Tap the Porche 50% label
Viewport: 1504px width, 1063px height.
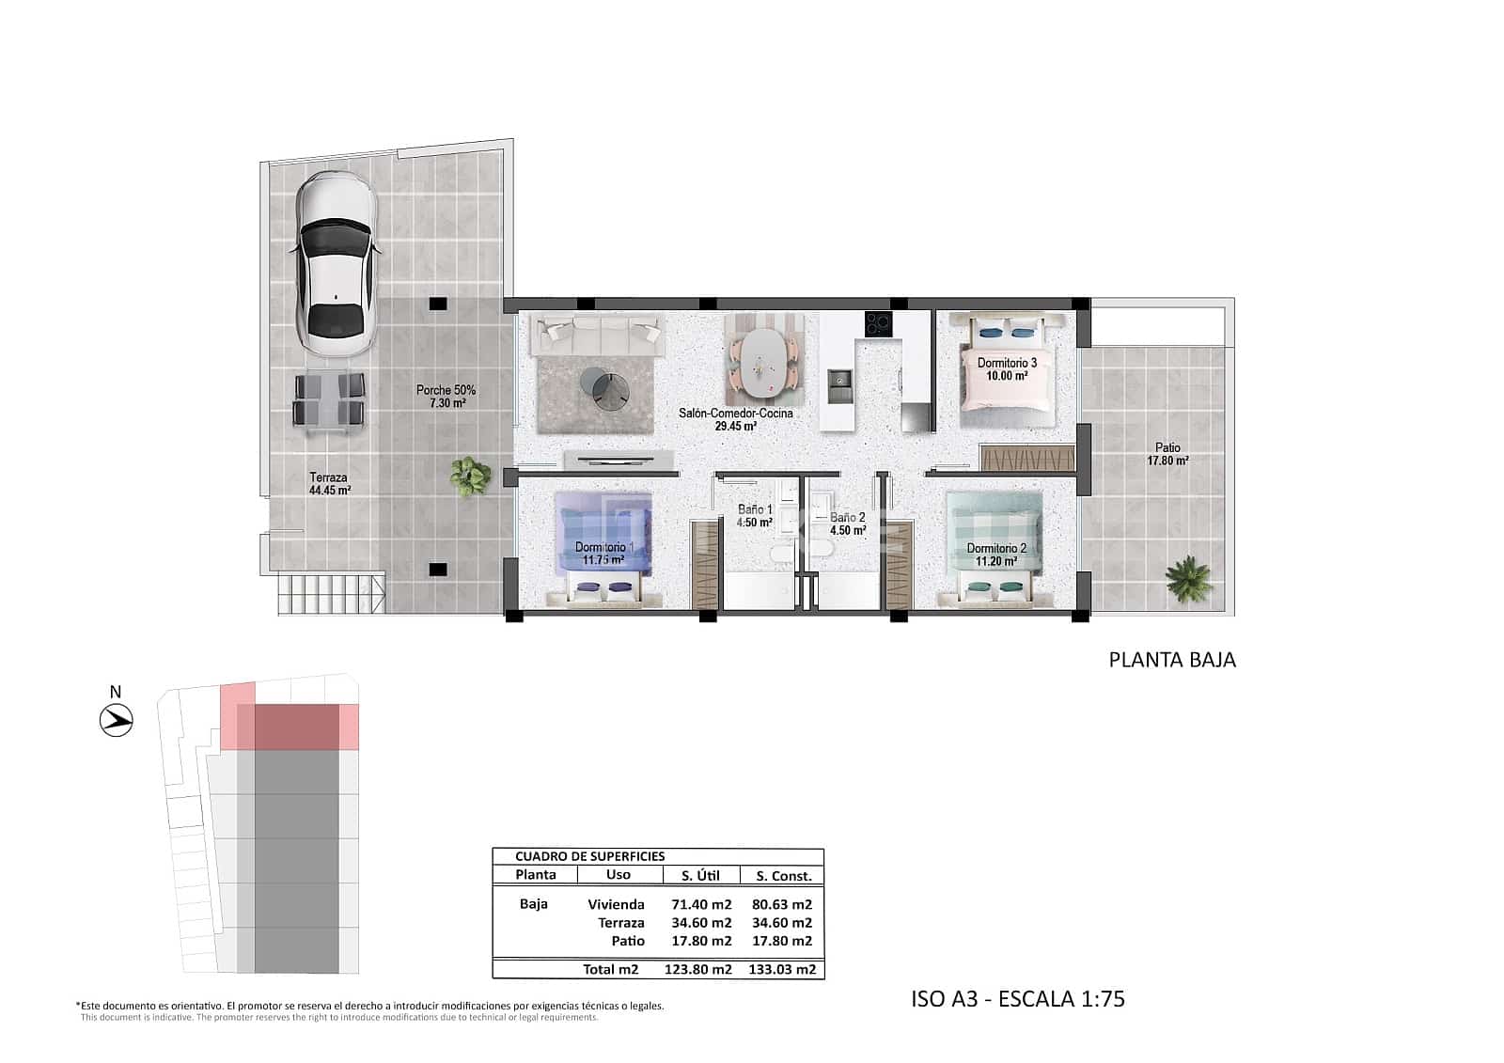pos(446,397)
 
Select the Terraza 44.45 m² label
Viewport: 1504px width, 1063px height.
pos(329,483)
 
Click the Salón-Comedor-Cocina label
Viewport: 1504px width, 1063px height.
pos(736,419)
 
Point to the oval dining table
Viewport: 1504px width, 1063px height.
pos(763,363)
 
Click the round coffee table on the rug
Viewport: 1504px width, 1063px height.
pos(606,386)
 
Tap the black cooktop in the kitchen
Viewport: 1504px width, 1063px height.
pos(878,324)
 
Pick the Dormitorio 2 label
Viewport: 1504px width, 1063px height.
pos(996,555)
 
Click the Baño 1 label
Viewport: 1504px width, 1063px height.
pos(755,516)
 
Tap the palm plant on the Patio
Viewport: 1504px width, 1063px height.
pos(1189,578)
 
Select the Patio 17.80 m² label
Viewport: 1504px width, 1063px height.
pos(1167,454)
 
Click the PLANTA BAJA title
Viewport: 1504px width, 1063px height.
pos(1172,660)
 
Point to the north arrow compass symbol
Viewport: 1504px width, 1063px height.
pos(117,721)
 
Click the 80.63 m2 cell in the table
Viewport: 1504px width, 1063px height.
pos(781,904)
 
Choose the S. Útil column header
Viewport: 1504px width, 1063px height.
pos(700,875)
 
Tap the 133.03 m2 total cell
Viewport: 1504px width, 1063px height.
pos(781,969)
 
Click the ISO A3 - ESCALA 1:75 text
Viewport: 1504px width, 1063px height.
pos(1017,998)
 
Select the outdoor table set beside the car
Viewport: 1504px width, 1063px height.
pos(329,399)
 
